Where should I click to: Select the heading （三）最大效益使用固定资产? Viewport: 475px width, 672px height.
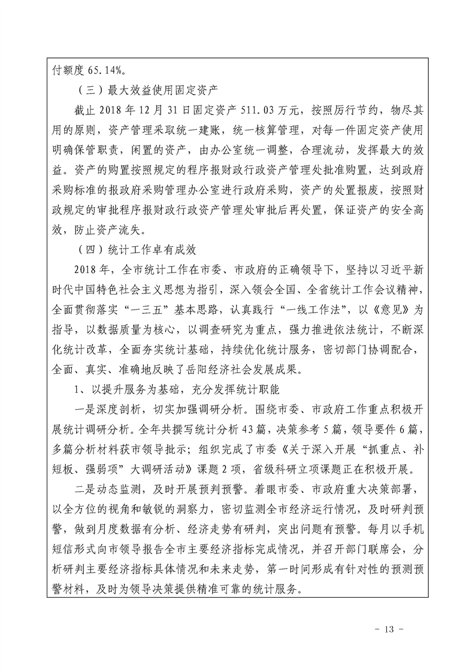(143, 91)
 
